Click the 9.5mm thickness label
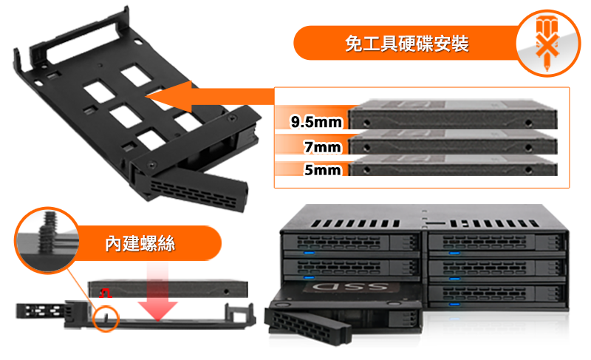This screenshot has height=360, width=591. tap(316, 122)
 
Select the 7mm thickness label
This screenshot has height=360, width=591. tap(323, 146)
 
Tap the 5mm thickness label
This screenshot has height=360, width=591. tap(323, 169)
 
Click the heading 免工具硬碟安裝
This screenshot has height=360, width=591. tap(407, 44)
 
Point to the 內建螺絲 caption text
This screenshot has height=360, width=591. tap(140, 243)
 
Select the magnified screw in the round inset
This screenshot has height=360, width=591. tap(48, 232)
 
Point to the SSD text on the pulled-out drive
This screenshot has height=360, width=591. tap(350, 287)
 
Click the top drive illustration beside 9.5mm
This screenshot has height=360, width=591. tap(452, 115)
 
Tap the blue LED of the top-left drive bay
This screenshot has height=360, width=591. tap(309, 253)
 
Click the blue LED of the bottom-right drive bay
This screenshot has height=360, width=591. tap(454, 304)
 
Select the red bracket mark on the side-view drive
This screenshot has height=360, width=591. tap(105, 293)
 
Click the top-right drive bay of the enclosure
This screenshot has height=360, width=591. tap(496, 242)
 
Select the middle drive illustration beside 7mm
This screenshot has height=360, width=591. tap(452, 143)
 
